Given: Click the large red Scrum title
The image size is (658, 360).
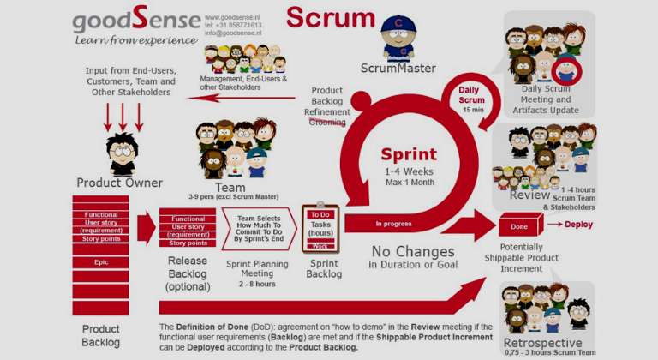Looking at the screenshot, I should click(x=331, y=18).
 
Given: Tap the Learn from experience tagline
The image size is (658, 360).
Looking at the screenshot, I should click(x=124, y=40).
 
